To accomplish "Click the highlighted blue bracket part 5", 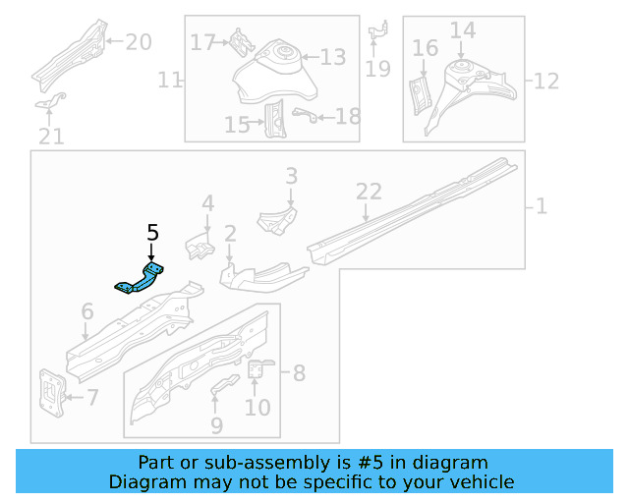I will pyautogui.click(x=141, y=279).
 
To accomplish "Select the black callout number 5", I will pyautogui.click(x=152, y=233).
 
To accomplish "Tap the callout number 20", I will pyautogui.click(x=139, y=41).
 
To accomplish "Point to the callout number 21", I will pyautogui.click(x=51, y=136).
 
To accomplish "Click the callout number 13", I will pyautogui.click(x=333, y=58).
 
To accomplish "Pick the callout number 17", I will pyautogui.click(x=202, y=43).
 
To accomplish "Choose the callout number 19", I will pyautogui.click(x=377, y=68).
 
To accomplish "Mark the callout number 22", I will pyautogui.click(x=368, y=192).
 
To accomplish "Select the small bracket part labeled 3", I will pyautogui.click(x=277, y=219).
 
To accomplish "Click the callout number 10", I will pyautogui.click(x=257, y=406).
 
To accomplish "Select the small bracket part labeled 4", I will pyautogui.click(x=200, y=246).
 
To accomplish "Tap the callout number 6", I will pyautogui.click(x=87, y=312).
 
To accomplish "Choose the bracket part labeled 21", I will pyautogui.click(x=51, y=101).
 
